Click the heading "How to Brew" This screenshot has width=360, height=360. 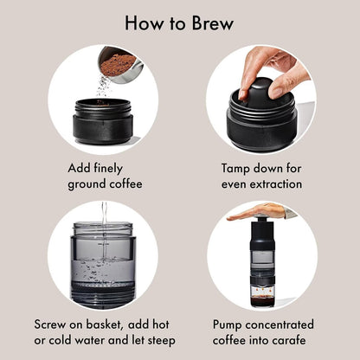pyautogui.click(x=179, y=23)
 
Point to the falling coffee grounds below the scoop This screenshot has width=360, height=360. pyautogui.click(x=103, y=87)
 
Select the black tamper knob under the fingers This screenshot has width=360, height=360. pyautogui.click(x=260, y=92)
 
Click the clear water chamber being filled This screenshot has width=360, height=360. pyautogui.click(x=103, y=260)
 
